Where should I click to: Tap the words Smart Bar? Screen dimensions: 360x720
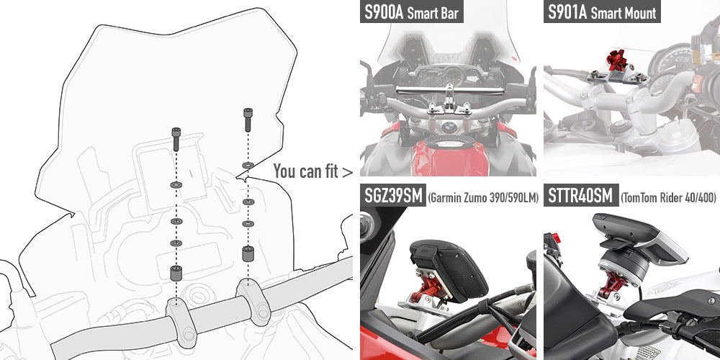click(435, 14)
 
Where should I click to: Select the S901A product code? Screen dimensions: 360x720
click(567, 13)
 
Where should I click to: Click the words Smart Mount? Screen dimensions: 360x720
click(624, 14)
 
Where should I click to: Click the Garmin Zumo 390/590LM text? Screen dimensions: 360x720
click(483, 197)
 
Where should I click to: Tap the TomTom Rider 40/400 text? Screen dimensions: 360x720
click(667, 197)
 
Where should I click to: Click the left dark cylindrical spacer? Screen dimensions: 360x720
click(176, 274)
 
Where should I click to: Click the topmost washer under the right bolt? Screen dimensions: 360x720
click(247, 166)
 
